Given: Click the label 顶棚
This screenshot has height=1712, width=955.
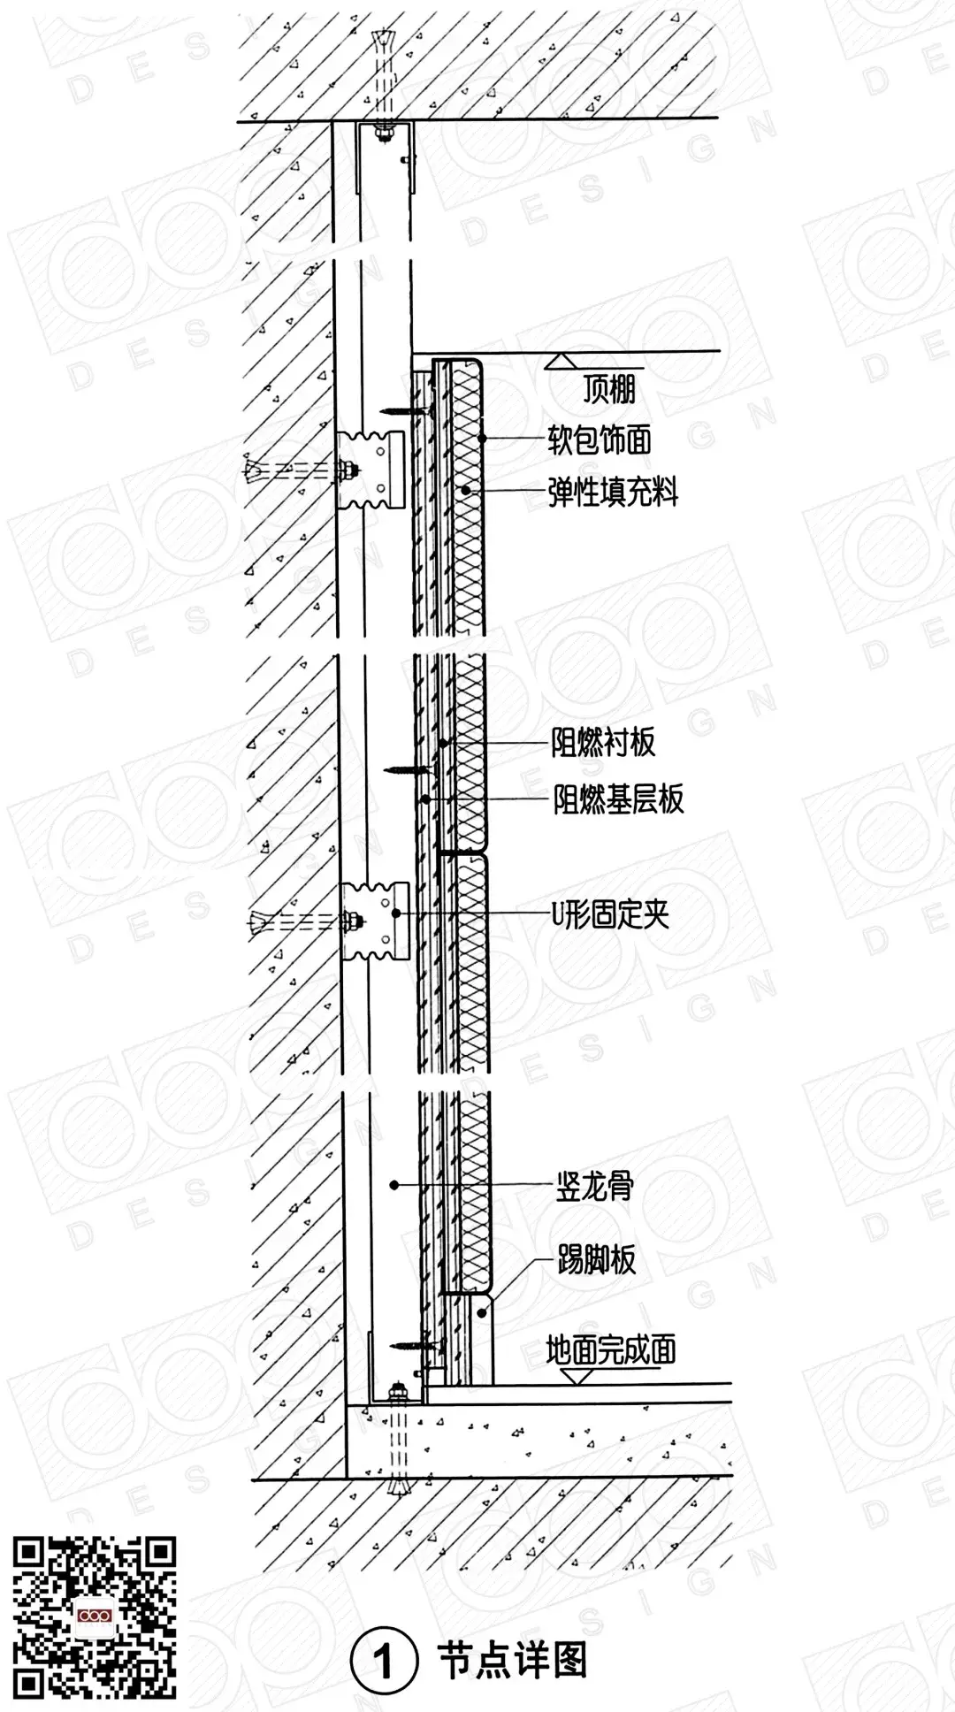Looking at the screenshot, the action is click(x=609, y=389).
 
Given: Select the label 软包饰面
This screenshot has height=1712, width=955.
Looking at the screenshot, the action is click(x=600, y=439).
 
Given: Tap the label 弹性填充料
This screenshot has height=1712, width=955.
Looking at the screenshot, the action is click(x=613, y=492).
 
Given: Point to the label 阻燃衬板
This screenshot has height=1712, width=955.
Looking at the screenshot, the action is click(x=604, y=743).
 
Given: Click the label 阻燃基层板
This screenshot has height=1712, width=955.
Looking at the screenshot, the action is click(x=618, y=799).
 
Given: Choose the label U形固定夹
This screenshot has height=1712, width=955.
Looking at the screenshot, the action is click(x=611, y=914).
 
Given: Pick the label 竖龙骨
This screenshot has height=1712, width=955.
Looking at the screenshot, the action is click(x=594, y=1187).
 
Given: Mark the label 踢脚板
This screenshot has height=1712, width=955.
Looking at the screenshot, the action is click(x=596, y=1260).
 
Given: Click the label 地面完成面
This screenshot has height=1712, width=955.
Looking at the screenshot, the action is click(x=611, y=1350).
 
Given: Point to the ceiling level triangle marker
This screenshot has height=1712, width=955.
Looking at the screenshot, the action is click(x=561, y=360).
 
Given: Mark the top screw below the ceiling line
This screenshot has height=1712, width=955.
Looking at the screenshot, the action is click(x=406, y=411).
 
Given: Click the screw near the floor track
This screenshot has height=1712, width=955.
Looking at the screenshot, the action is click(x=416, y=1346).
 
